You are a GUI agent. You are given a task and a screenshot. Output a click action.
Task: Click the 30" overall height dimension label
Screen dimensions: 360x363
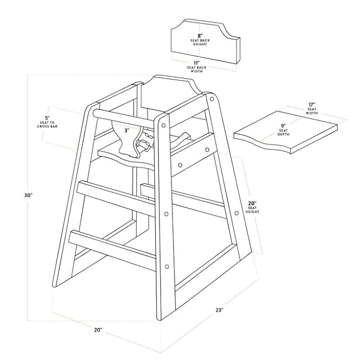29,195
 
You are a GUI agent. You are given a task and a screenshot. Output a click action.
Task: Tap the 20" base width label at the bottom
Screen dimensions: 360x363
98,330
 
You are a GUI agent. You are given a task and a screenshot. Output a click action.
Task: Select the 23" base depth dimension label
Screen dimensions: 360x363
219,310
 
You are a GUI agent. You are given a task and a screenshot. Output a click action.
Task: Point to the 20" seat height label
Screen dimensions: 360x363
252,207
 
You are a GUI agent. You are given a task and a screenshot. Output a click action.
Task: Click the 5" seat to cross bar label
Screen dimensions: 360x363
47,122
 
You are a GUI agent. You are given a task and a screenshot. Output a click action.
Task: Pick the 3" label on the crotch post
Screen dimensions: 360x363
127,131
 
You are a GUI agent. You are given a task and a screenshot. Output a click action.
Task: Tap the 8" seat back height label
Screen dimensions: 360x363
200,40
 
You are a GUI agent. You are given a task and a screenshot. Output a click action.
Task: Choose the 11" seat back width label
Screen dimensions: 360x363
197,67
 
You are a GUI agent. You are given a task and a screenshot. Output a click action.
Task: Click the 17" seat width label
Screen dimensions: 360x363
312,109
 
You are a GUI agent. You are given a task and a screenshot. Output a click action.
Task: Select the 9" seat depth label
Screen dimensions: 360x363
284,130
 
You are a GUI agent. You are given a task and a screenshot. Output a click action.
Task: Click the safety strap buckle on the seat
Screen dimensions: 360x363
144,145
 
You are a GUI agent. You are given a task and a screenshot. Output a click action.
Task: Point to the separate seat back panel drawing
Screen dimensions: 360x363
205,42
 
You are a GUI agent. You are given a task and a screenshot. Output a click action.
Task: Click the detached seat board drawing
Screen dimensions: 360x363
285,132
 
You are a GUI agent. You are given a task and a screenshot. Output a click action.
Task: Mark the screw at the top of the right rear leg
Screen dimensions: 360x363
212,99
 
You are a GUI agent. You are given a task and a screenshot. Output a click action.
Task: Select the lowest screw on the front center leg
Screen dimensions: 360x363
166,267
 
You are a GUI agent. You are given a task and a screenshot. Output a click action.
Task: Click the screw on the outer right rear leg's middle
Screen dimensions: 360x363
236,213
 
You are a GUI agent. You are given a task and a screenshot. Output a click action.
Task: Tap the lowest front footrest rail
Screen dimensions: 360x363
113,249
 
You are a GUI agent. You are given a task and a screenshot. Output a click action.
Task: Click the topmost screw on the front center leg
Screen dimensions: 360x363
163,125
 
